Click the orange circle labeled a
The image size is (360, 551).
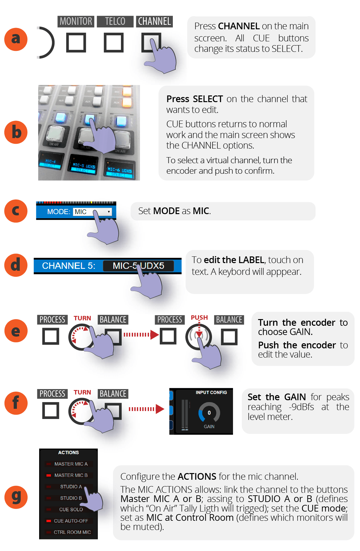[x=16, y=39]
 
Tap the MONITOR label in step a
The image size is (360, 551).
[x=76, y=21]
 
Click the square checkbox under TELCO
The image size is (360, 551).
[x=114, y=43]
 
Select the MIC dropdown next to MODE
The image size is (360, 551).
[x=92, y=212]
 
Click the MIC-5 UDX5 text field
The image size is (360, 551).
[x=138, y=266]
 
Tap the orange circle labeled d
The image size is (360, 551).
[x=16, y=265]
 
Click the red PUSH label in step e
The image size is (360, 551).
[x=199, y=317]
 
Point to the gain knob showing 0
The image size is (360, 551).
[x=209, y=413]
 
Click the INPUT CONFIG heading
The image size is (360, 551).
[x=211, y=393]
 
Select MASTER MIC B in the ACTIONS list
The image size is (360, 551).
[x=71, y=475]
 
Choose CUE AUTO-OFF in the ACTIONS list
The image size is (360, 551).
[x=71, y=521]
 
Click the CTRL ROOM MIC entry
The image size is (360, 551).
[x=72, y=532]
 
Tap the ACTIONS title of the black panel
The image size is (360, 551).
[x=68, y=453]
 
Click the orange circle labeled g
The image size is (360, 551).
[x=16, y=497]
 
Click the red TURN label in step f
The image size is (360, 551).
[x=82, y=392]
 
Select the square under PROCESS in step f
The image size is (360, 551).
[x=51, y=410]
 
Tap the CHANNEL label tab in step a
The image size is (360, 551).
[x=154, y=21]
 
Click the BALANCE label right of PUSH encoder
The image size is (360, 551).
[x=229, y=320]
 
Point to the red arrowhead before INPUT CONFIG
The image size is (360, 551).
[x=160, y=409]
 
